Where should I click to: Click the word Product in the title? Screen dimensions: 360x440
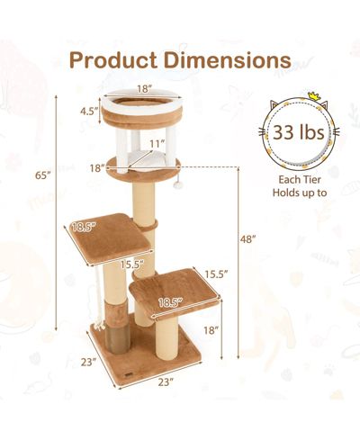113,60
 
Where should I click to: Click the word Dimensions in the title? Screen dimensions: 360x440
228,60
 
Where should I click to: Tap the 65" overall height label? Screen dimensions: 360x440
43,175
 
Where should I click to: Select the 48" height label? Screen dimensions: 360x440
247,239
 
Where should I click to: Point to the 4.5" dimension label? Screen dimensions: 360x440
89,112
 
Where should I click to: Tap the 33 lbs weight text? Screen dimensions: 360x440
299,132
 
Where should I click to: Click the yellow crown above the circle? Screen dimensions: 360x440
313,96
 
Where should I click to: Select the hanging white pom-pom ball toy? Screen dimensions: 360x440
179,185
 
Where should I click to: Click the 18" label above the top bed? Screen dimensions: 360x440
144,89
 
